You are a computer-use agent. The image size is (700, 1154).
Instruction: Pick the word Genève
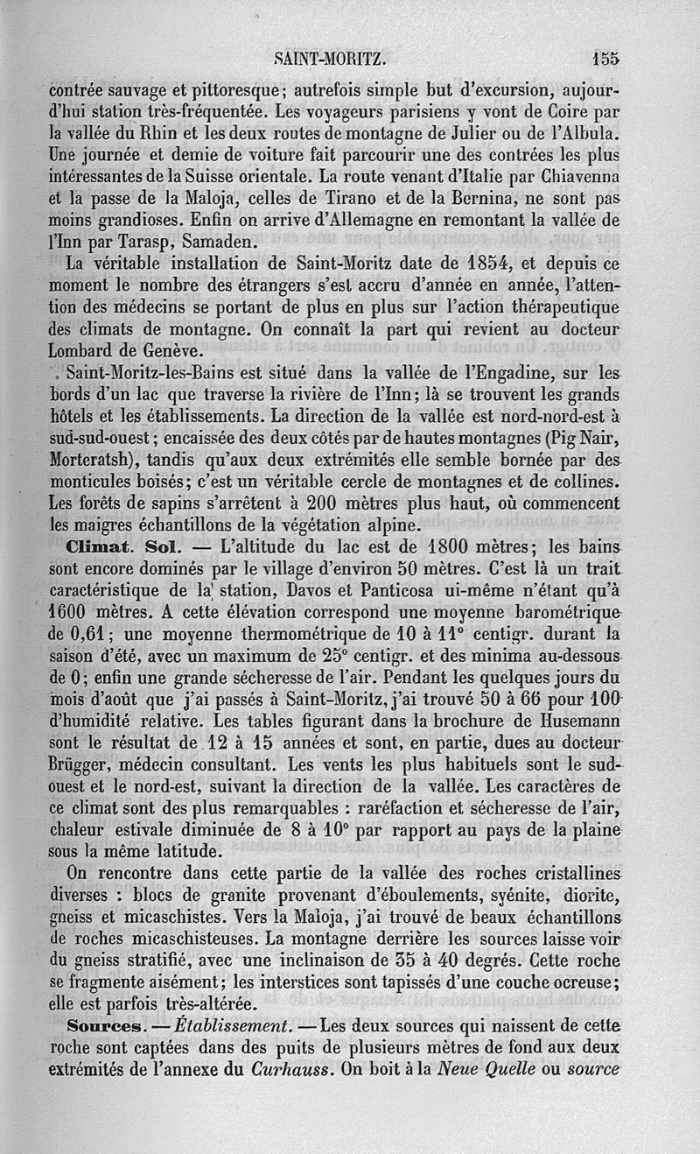tap(171, 350)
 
